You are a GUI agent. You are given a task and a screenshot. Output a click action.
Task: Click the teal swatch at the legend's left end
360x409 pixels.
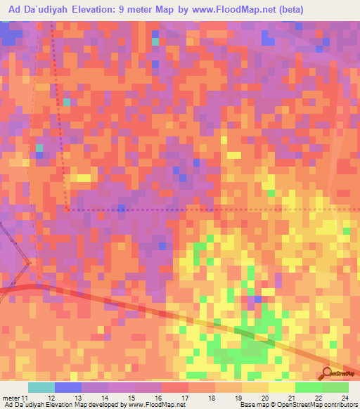click(x=41, y=388)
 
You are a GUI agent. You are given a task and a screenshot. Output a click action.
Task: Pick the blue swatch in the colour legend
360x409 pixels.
click(x=67, y=388)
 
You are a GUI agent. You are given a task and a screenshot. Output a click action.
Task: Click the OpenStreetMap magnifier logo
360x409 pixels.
click(x=327, y=373)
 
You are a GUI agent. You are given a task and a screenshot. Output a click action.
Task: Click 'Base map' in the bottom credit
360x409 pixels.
click(x=253, y=405)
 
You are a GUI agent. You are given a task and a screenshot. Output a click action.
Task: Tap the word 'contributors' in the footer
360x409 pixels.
click(x=339, y=405)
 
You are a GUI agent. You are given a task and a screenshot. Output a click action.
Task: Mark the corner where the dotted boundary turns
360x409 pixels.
click(x=67, y=209)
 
